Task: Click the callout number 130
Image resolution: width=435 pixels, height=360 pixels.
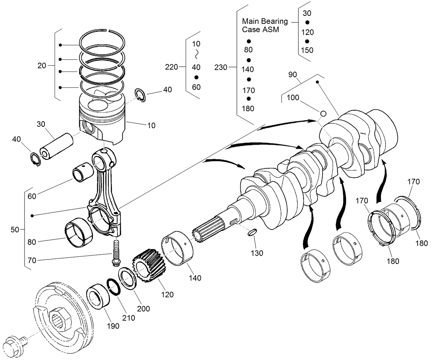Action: pos(257,253)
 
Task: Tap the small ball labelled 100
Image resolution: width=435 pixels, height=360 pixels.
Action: pos(323,113)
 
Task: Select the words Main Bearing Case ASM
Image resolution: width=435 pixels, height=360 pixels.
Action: pos(265,25)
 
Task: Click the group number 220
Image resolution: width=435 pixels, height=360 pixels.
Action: pos(172,67)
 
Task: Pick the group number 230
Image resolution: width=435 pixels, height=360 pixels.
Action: pos(221,67)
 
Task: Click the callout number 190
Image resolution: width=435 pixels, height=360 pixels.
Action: pos(113,326)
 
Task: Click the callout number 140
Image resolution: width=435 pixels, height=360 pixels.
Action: pos(195,278)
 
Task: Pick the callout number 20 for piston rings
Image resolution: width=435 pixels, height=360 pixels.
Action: pos(41,65)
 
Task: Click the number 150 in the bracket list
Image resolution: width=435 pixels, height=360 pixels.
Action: pos(307,50)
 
